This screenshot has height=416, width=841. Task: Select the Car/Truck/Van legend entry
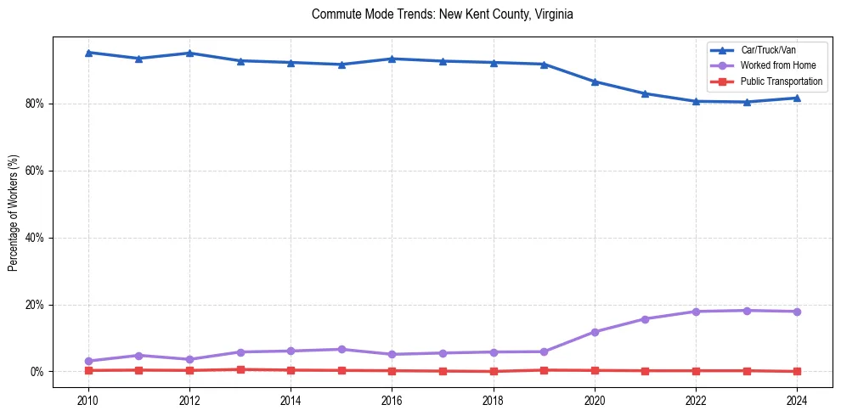(x=768, y=50)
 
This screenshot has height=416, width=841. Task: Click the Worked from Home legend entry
(x=776, y=65)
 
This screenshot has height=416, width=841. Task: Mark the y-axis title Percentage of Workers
(x=13, y=212)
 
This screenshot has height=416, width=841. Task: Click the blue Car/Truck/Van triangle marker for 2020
(x=595, y=82)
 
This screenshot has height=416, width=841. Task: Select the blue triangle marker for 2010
(x=87, y=53)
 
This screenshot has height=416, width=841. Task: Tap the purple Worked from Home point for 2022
(x=696, y=312)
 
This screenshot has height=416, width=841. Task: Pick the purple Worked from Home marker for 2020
(x=595, y=332)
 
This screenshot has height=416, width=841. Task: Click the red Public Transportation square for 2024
(x=797, y=371)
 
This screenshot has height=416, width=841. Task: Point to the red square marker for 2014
(x=291, y=370)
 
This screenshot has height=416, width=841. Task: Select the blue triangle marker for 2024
(x=797, y=98)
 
